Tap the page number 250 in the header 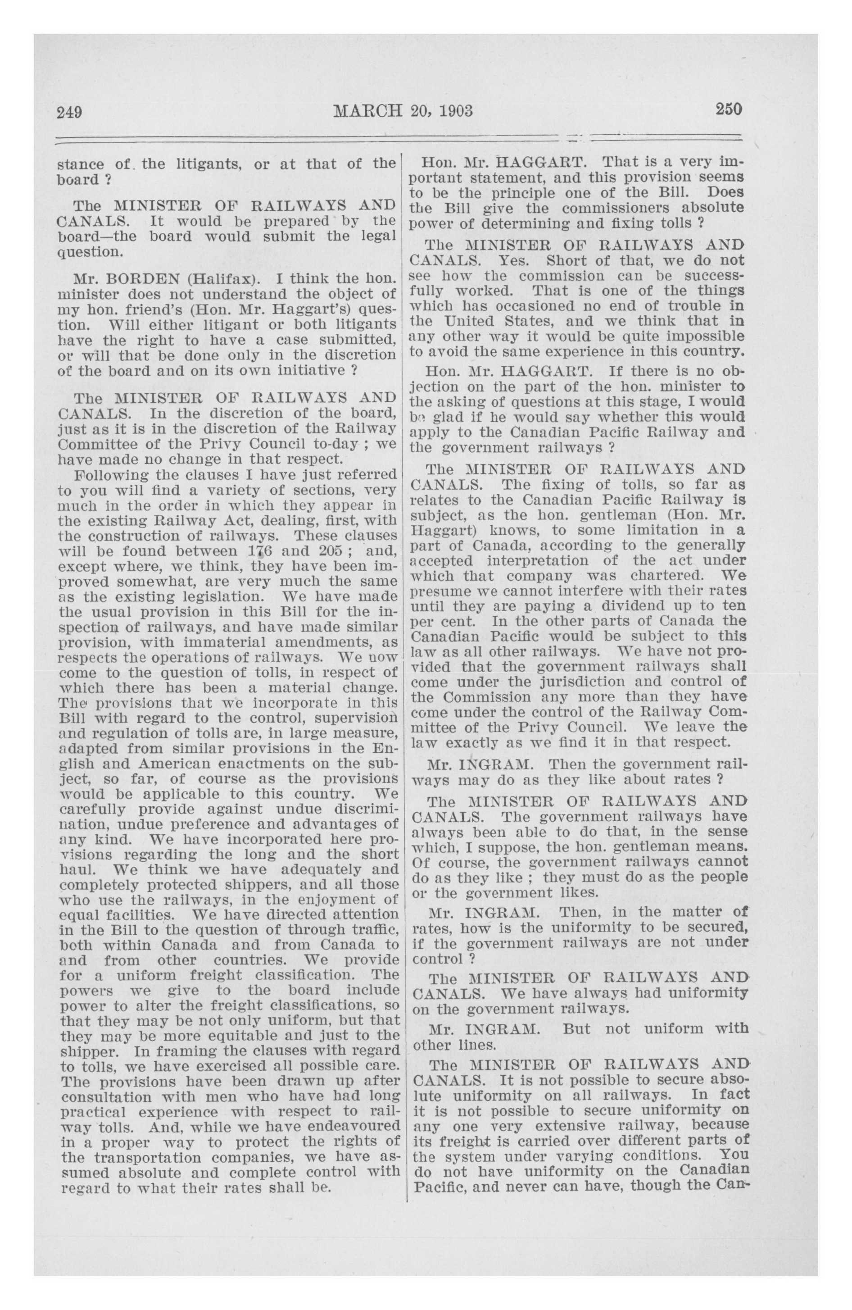(729, 109)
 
